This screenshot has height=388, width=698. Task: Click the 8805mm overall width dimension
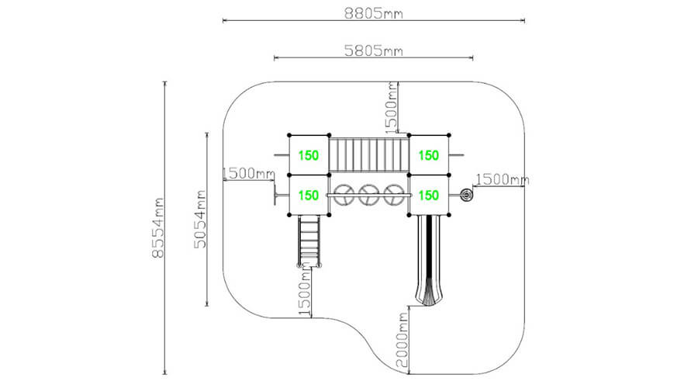[373, 12]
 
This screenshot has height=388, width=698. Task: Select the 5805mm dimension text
[373, 50]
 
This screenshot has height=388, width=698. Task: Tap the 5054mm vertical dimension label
[200, 218]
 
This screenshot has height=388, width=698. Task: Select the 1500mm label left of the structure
[248, 173]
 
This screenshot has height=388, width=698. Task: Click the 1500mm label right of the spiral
[502, 179]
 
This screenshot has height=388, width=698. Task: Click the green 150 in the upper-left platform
[308, 155]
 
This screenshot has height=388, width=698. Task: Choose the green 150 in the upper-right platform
[429, 155]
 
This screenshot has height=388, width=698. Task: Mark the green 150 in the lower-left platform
[308, 195]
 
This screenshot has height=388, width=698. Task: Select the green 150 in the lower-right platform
[429, 195]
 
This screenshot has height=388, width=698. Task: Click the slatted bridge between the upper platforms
[368, 154]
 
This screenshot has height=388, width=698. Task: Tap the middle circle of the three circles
[369, 195]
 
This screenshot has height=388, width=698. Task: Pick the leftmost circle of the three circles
[343, 195]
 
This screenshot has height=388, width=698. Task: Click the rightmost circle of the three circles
[395, 195]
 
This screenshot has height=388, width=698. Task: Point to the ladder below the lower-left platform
[308, 241]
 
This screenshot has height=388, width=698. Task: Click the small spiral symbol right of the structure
[466, 195]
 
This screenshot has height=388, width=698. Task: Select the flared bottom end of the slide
[430, 296]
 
